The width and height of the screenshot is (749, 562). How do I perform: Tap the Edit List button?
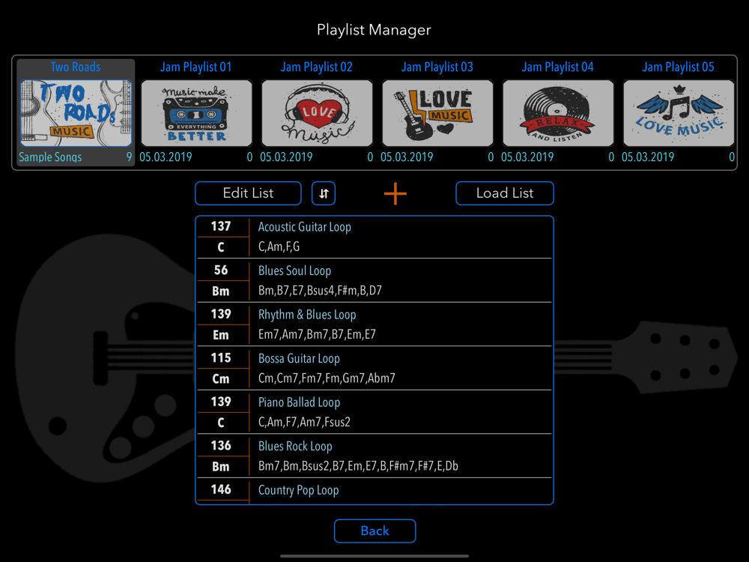(248, 193)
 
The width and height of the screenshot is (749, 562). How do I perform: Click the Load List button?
(505, 193)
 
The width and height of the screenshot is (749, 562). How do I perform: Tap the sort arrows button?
(324, 193)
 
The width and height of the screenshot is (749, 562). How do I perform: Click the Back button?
(374, 531)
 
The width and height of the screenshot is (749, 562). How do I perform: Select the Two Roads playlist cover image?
(76, 113)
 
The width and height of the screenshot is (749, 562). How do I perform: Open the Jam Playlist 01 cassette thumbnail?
(196, 113)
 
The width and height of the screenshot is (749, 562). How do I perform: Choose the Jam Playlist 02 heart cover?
(317, 113)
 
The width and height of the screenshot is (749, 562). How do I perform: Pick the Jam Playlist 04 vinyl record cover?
(558, 113)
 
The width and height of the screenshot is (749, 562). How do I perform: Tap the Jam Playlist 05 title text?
(678, 67)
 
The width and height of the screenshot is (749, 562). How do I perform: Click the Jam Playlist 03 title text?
(437, 67)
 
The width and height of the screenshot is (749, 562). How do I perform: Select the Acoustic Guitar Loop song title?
(304, 227)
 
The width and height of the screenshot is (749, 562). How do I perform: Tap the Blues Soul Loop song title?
(294, 271)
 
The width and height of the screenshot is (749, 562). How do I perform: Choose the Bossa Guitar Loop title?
(299, 359)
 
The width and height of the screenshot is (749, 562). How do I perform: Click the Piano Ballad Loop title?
(299, 402)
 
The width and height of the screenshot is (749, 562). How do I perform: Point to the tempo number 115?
(221, 358)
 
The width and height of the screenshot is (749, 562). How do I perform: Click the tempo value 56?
(221, 271)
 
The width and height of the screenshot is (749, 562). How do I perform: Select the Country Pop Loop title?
(298, 490)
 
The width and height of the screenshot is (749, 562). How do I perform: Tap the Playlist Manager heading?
(374, 30)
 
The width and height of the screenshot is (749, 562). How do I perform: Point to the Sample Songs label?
(50, 157)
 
